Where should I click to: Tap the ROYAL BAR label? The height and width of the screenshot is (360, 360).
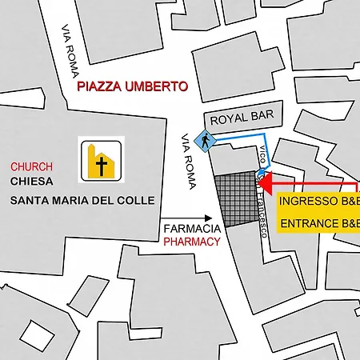pyautogui.click(x=242, y=117)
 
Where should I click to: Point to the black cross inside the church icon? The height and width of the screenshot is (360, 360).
pyautogui.click(x=102, y=166)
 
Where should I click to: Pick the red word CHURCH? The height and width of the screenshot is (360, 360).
pyautogui.click(x=31, y=166)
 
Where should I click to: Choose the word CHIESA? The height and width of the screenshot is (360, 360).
pyautogui.click(x=31, y=182)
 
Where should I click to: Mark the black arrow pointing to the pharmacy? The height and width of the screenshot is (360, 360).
pyautogui.click(x=186, y=217)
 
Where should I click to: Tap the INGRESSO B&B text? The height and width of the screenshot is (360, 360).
pyautogui.click(x=318, y=200)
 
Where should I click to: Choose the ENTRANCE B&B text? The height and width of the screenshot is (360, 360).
pyautogui.click(x=318, y=223)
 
